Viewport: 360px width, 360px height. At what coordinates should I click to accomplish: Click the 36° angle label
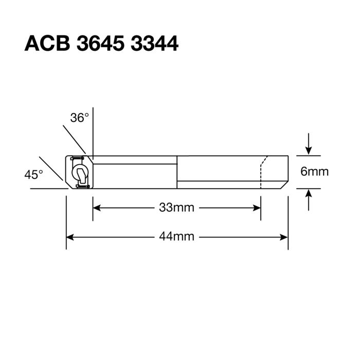tap(80, 118)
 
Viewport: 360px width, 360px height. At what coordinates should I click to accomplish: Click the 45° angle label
tap(33, 175)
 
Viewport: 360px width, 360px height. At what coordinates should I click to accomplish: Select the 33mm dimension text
tap(176, 208)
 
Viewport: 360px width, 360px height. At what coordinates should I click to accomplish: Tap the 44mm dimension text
tap(176, 237)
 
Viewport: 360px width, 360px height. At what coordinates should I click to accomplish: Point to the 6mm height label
tap(314, 171)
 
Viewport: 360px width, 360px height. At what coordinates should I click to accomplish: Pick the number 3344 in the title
tap(154, 44)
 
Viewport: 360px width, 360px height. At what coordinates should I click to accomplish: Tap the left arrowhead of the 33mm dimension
tap(96, 208)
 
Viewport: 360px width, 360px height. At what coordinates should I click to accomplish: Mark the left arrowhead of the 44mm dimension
tap(70, 237)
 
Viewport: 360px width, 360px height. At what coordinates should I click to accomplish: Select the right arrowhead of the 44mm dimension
tap(284, 237)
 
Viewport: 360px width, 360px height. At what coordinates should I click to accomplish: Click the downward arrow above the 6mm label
tap(308, 151)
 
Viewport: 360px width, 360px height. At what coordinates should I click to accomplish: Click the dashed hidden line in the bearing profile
tap(261, 172)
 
